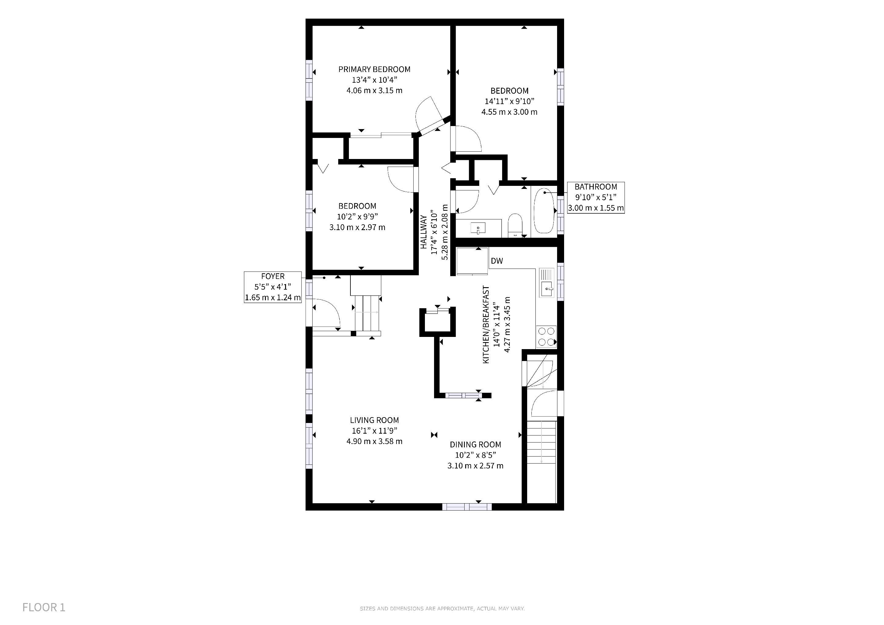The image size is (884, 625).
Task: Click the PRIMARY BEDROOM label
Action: [374, 69]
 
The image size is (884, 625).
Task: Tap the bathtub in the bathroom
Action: [544, 211]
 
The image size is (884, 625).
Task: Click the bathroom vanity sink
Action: [478, 228]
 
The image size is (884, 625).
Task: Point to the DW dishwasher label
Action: [497, 261]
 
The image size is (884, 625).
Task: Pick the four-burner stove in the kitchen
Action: [546, 336]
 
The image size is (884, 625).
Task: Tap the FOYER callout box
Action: [273, 287]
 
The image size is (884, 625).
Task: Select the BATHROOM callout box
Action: [596, 197]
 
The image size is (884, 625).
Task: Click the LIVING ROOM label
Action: [374, 420]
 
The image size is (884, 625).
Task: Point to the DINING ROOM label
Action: [476, 445]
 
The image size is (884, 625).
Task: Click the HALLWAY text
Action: [423, 232]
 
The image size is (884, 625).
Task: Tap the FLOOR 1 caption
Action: [44, 607]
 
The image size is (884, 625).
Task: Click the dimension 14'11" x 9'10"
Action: [509, 102]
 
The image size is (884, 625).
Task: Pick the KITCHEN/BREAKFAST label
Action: [486, 324]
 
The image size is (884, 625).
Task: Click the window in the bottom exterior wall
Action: [467, 507]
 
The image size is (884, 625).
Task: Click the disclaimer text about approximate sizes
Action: [442, 609]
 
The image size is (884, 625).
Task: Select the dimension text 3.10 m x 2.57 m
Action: [476, 466]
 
